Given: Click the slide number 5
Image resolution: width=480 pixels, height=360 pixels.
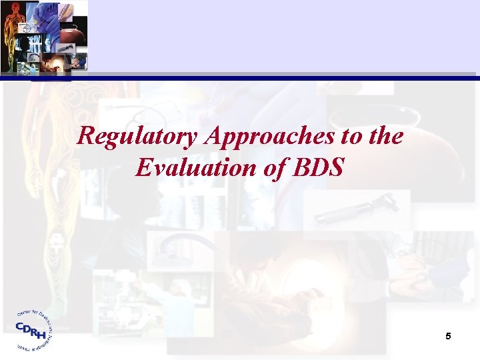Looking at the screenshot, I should [449, 337].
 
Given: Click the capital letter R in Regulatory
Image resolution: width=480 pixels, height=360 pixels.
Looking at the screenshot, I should [85, 137].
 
